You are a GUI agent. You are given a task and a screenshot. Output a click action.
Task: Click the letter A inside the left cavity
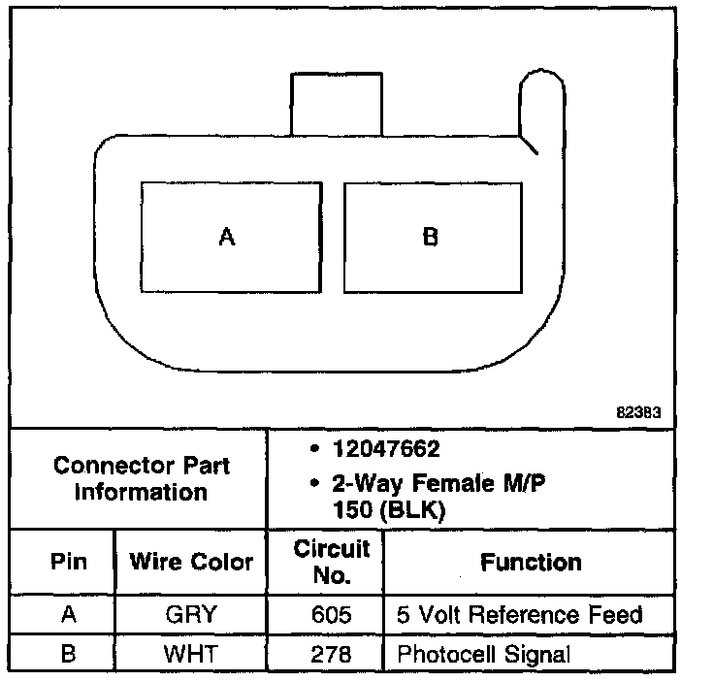(227, 237)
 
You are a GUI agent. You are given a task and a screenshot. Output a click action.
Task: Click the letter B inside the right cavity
(431, 237)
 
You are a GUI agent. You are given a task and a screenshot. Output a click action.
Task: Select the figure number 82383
(638, 411)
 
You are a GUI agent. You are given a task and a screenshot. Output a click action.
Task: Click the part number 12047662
(386, 449)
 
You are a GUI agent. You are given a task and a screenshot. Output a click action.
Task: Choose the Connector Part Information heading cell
(142, 478)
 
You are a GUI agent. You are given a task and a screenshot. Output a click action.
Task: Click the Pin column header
(68, 562)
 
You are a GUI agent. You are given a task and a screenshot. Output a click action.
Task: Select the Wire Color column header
(191, 562)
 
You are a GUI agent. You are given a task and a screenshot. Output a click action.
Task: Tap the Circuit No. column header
(332, 562)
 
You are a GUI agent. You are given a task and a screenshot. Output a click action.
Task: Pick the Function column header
(531, 562)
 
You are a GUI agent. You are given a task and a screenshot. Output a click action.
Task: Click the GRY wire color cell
(190, 615)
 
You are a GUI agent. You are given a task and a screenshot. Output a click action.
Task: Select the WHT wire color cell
(190, 653)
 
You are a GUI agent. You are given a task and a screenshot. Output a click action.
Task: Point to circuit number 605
(332, 615)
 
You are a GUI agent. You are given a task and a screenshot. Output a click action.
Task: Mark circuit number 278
(332, 653)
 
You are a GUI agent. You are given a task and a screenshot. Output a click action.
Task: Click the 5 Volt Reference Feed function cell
(520, 615)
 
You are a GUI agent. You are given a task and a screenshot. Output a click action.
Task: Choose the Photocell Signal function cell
(482, 653)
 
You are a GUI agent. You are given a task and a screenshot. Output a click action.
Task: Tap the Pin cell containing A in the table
(68, 615)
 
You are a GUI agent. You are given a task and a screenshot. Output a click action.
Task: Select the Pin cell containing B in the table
(68, 653)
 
